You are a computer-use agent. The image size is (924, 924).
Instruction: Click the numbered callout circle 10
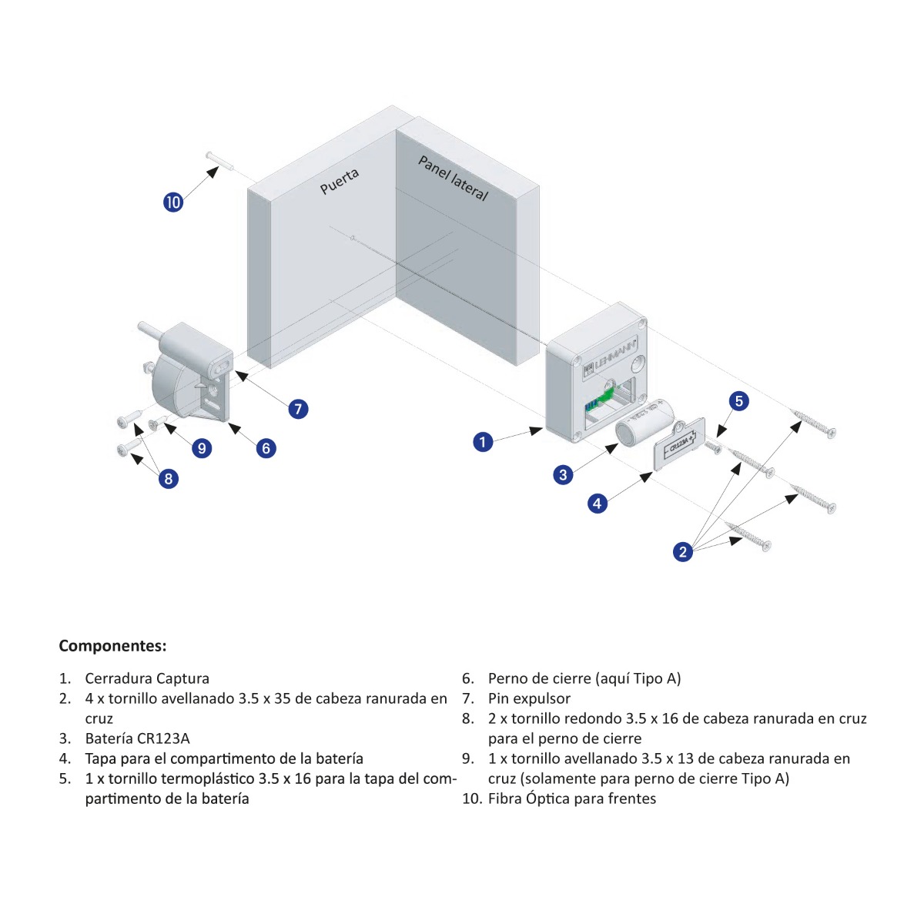[173, 202]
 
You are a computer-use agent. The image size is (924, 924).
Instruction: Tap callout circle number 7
[298, 409]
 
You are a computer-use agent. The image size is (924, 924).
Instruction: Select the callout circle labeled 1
[483, 442]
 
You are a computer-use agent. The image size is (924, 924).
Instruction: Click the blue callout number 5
[738, 400]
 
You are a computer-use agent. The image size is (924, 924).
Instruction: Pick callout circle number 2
[682, 551]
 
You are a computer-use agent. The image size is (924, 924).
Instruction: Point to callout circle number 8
[168, 479]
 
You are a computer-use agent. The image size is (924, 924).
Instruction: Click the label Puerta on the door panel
[340, 182]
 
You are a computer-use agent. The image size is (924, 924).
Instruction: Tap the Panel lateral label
[453, 178]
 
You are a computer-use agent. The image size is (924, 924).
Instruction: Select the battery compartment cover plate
[679, 443]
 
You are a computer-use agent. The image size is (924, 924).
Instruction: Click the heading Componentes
[112, 645]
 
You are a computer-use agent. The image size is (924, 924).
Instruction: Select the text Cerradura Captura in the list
[147, 678]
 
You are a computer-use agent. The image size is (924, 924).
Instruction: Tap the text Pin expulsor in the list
[529, 698]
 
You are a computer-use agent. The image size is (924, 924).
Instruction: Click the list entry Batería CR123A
[137, 738]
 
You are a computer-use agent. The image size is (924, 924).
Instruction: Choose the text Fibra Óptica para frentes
[571, 798]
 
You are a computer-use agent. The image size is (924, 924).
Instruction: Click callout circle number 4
[598, 504]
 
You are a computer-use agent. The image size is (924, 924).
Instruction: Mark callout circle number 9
[202, 448]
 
